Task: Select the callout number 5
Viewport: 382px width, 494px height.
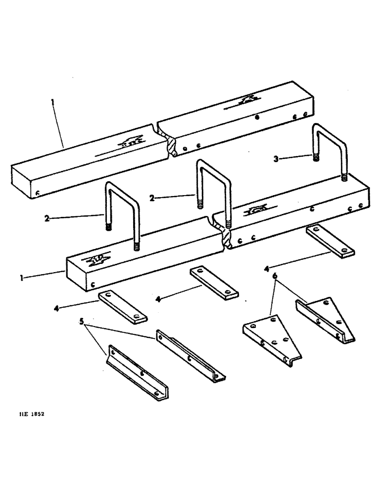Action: click(x=82, y=322)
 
